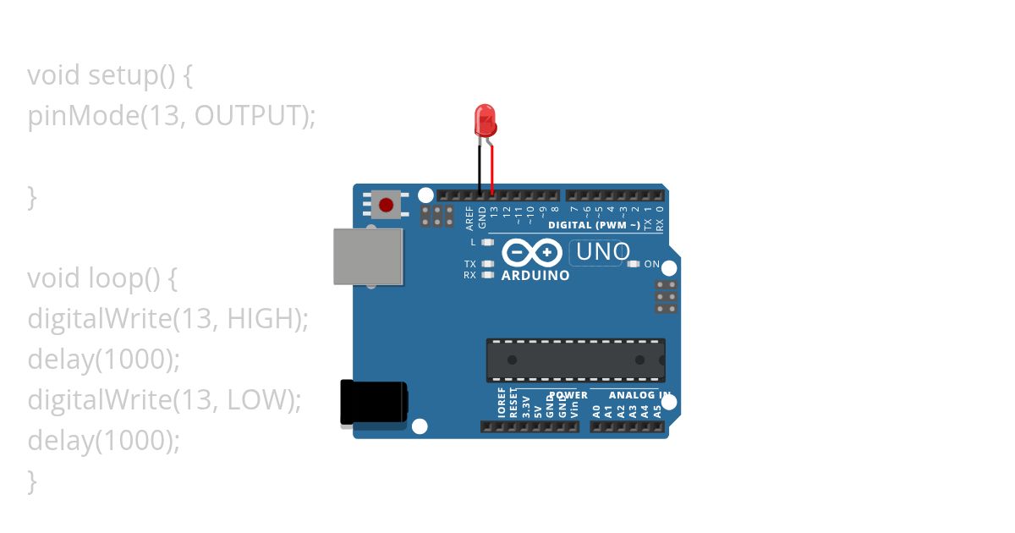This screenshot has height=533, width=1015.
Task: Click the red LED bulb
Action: [x=485, y=120]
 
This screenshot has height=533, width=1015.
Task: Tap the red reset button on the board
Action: [x=387, y=205]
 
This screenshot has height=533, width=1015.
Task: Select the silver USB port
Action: [x=367, y=256]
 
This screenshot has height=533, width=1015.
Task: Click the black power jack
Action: [x=373, y=402]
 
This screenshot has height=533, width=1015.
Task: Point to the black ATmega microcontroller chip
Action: [x=575, y=360]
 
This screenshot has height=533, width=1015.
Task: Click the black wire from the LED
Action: [x=479, y=169]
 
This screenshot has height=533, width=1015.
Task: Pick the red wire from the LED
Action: [x=491, y=169]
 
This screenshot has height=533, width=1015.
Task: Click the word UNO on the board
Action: [x=603, y=252]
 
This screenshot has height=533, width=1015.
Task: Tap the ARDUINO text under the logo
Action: [x=535, y=275]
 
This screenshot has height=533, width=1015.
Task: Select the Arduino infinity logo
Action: [x=532, y=252]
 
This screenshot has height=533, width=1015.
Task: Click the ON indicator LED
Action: [x=634, y=264]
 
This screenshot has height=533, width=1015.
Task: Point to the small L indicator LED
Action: [x=486, y=243]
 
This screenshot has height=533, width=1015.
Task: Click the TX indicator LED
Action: [x=486, y=264]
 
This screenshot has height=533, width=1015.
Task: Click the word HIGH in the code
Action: [x=263, y=319]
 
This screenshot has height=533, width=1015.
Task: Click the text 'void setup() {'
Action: [x=111, y=75]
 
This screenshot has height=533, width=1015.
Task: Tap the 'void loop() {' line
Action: [x=102, y=278]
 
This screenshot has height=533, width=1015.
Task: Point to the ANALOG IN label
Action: [x=630, y=395]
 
